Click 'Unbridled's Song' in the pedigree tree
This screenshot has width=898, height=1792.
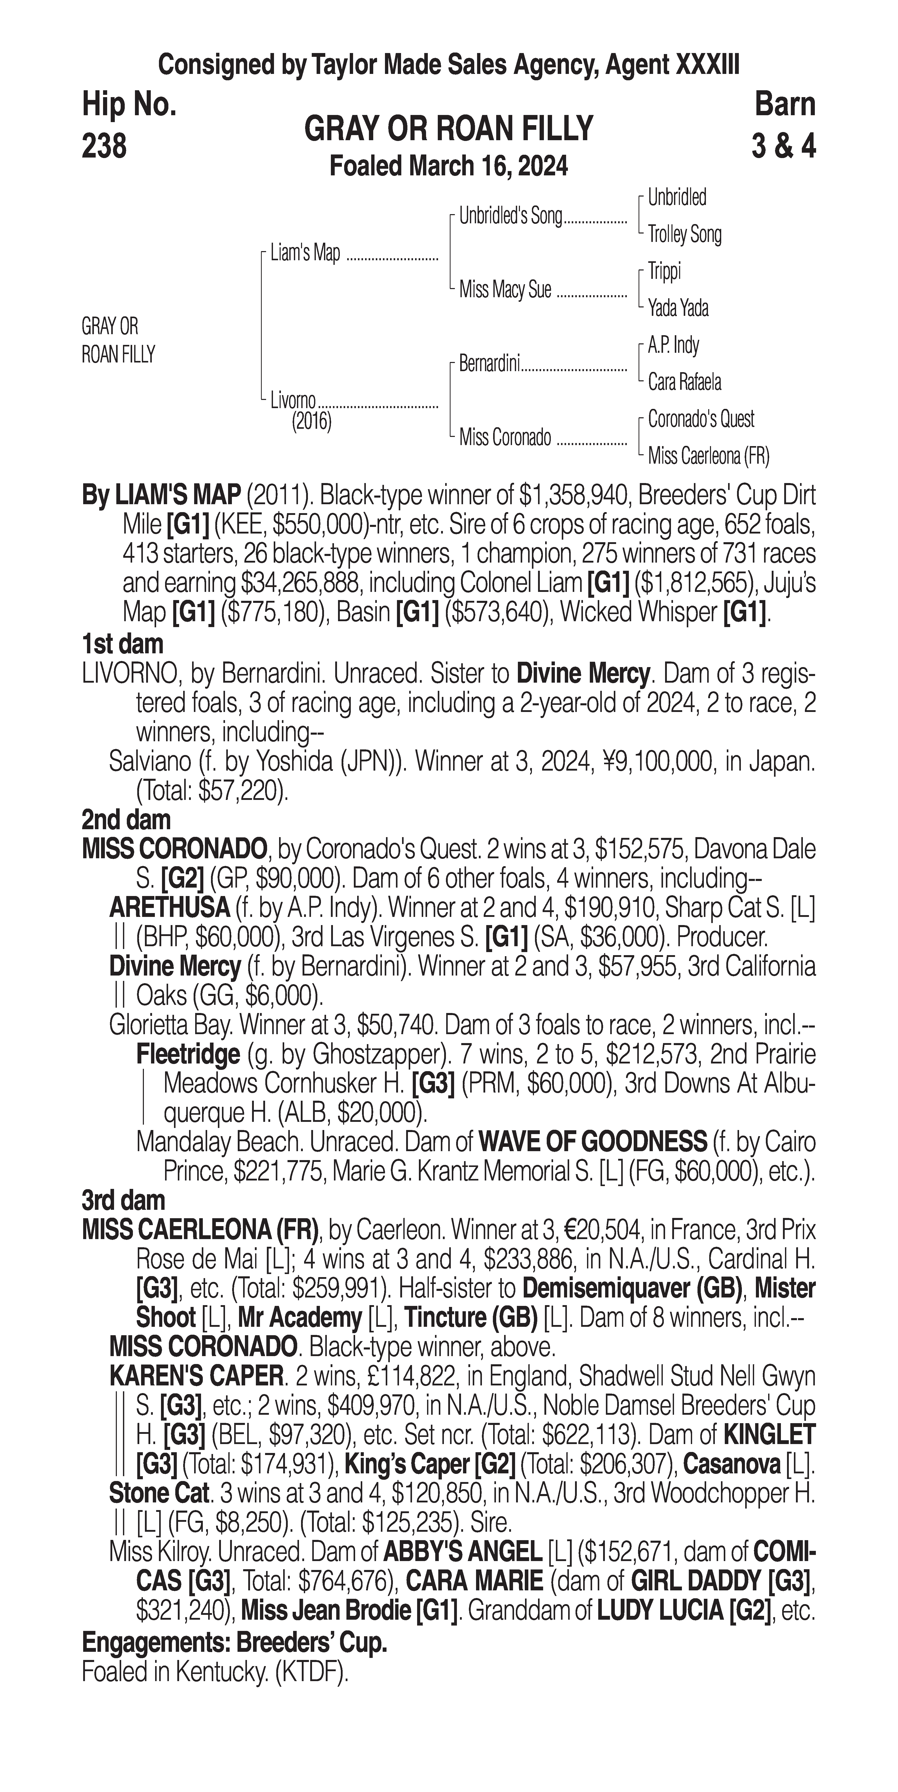pos(510,216)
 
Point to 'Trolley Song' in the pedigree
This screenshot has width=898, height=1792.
pos(684,235)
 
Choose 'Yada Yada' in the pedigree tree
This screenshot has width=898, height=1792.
pos(678,307)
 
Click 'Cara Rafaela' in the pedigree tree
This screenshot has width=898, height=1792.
pos(684,382)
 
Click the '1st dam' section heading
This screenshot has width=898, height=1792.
pos(122,644)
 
